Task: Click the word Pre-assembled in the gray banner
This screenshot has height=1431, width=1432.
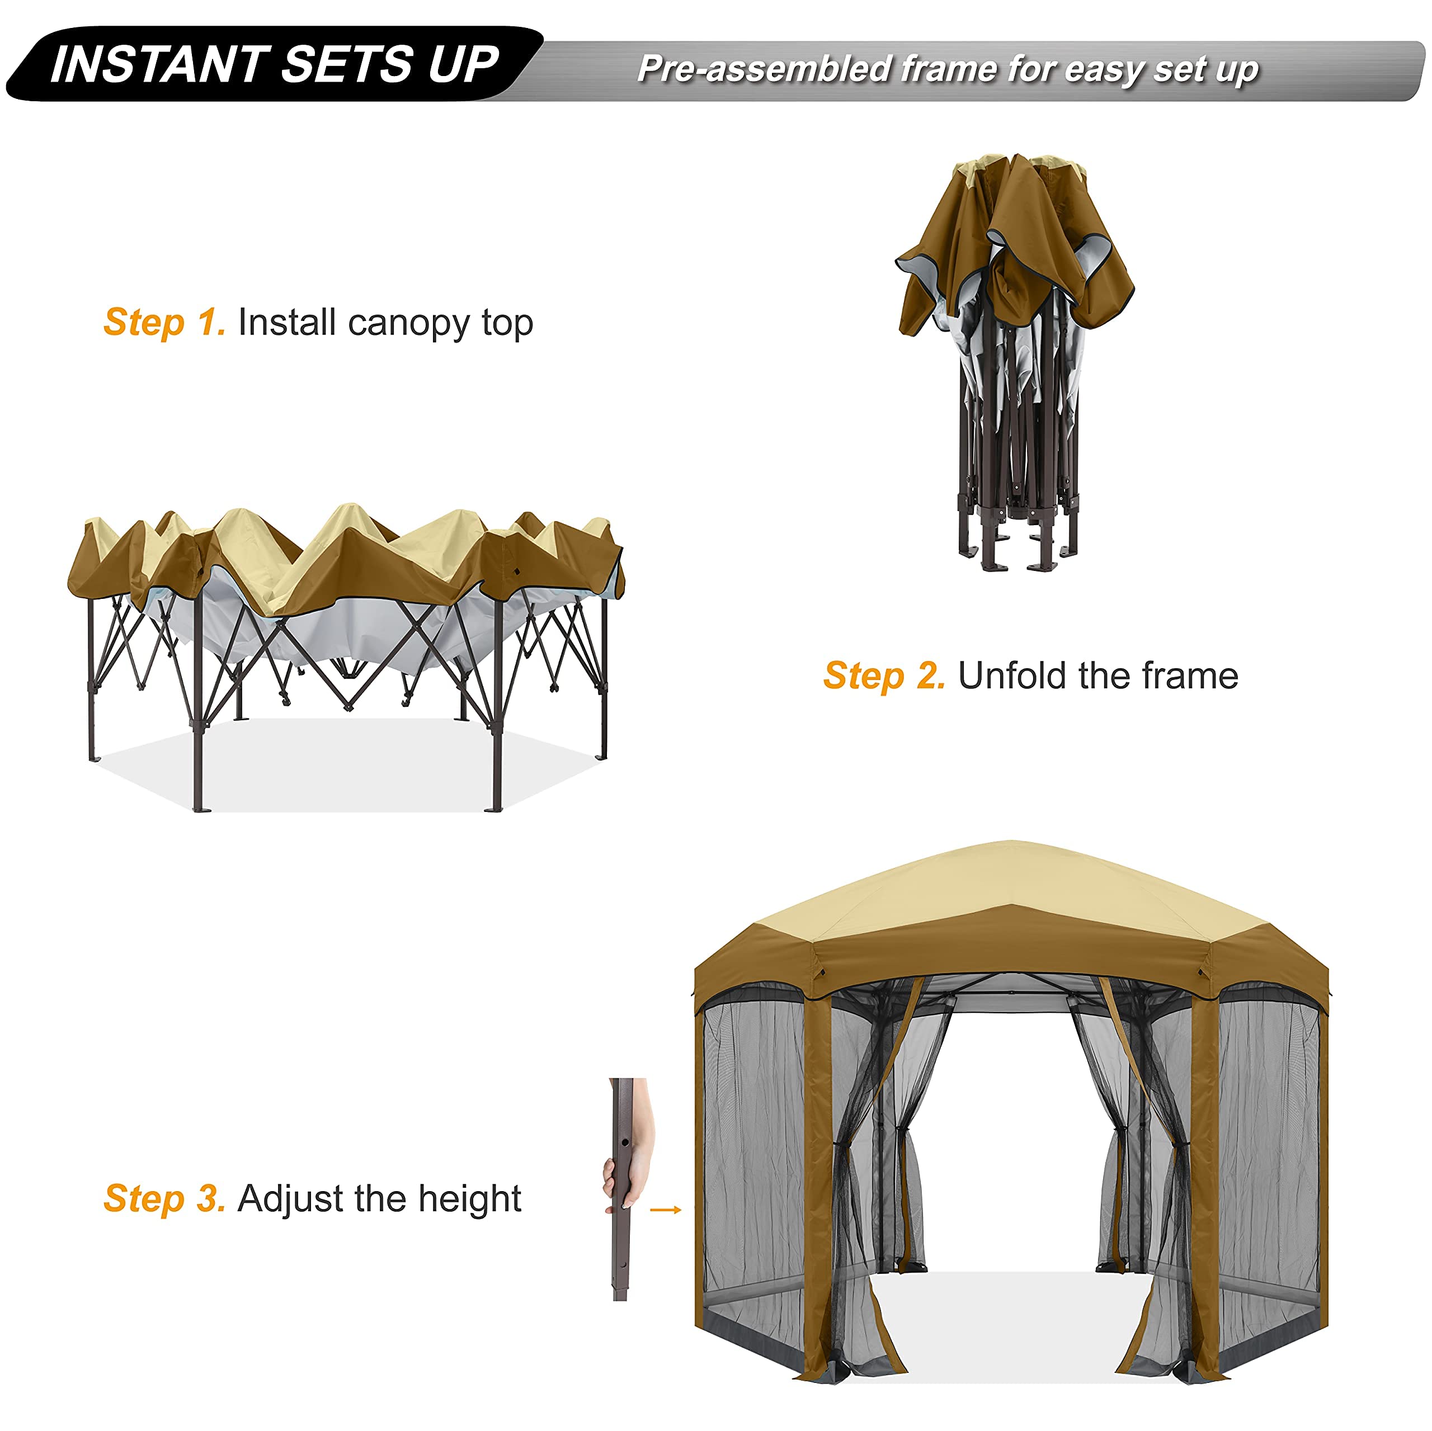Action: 764,69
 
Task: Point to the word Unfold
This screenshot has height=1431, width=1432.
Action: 1012,676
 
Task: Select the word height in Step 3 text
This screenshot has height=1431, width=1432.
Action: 469,1199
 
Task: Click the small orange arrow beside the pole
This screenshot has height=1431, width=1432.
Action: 665,1210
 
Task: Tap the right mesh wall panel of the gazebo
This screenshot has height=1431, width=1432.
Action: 1269,1156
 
